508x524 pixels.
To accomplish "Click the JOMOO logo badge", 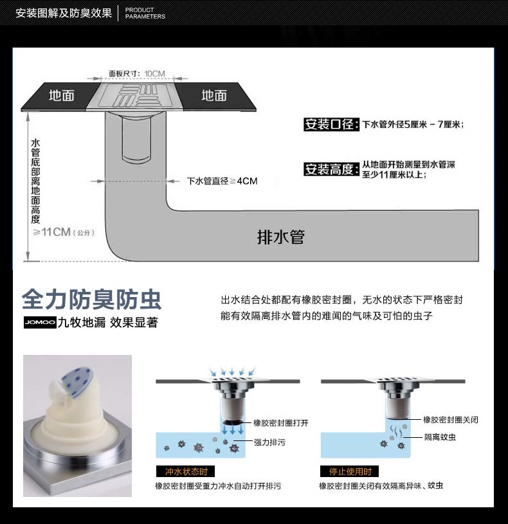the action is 40,322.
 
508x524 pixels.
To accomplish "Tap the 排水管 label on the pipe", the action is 281,237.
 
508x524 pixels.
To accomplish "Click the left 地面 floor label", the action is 62,96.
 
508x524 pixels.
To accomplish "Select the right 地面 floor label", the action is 214,96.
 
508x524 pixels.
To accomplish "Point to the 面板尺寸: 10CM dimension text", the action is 137,73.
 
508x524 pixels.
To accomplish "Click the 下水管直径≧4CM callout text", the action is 222,181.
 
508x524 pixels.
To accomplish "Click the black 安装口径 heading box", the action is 332,124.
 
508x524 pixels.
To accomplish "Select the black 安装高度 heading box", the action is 332,169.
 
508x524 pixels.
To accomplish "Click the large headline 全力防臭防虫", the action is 91,300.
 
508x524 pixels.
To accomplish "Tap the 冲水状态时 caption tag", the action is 185,471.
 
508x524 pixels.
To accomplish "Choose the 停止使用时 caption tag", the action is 350,471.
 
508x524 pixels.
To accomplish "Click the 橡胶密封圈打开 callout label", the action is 281,423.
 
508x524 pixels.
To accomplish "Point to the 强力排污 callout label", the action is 269,442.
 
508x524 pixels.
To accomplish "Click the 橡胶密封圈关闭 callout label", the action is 451,419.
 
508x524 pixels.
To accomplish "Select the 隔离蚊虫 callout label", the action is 440,437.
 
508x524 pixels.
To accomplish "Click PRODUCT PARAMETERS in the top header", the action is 145,13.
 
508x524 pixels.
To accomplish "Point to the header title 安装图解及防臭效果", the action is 64,13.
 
